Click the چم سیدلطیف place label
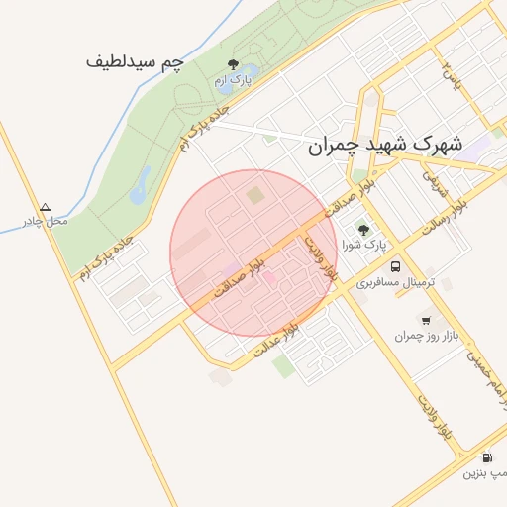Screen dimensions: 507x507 pos(135,61)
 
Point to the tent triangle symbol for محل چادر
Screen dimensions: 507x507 pos(45,208)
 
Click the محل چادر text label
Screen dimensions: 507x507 pos(46,221)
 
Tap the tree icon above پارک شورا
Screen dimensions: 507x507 pos(363,229)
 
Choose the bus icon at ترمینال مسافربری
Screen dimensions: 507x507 pos(396,267)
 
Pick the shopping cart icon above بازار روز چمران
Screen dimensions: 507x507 pos(426,320)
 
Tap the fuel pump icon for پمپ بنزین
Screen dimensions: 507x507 pos(487,457)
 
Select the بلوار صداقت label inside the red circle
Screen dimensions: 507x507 pos(242,276)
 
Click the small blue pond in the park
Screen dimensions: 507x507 pos(141,182)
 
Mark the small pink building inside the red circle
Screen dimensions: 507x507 pos(268,278)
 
